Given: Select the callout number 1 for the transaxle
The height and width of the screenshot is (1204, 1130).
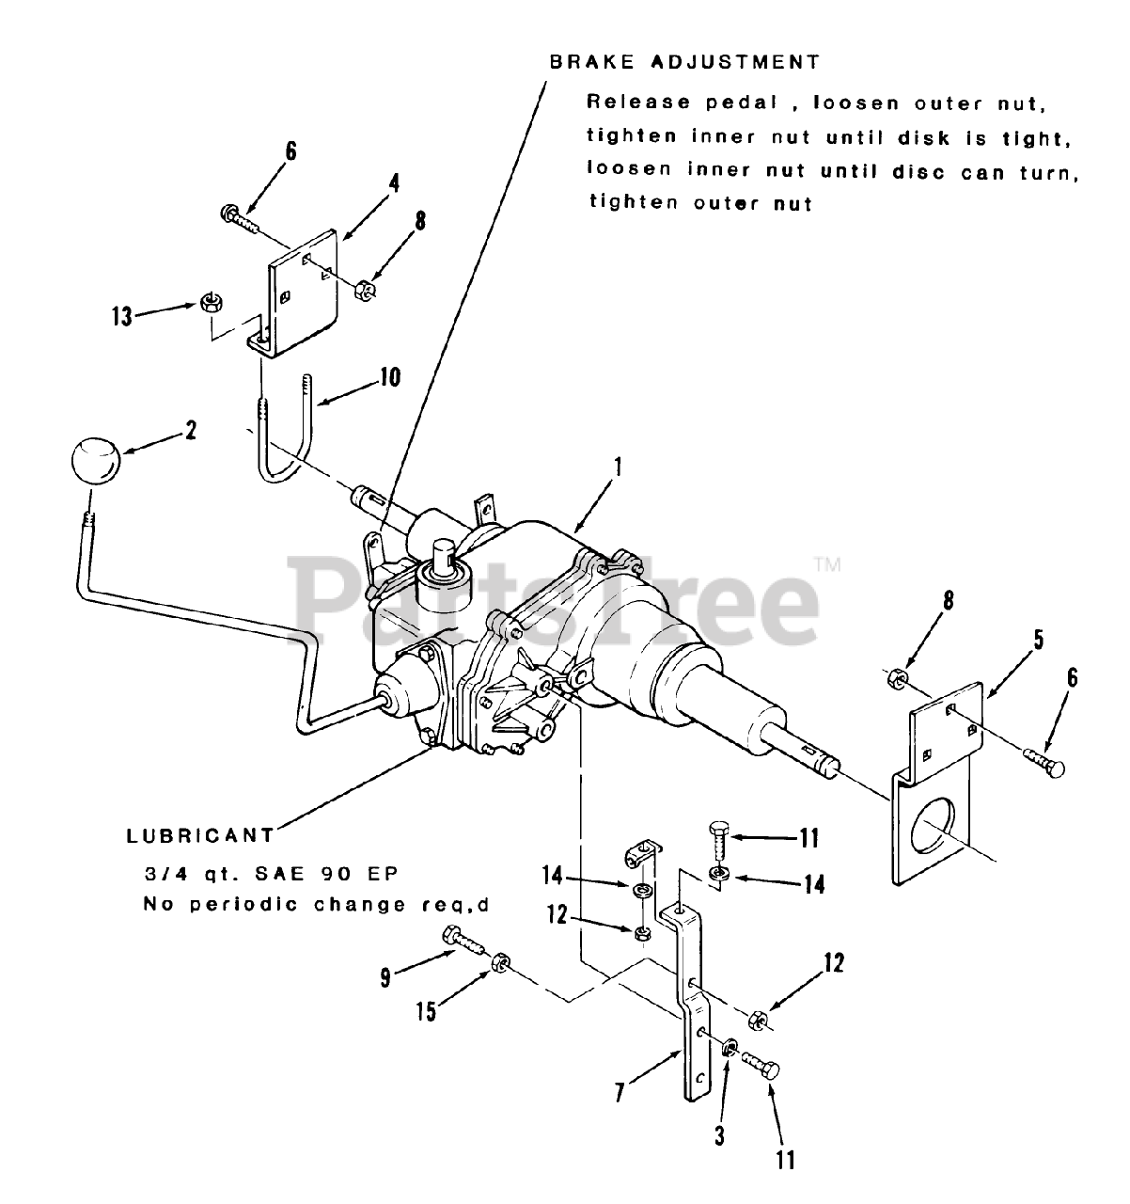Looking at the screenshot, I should (x=618, y=466).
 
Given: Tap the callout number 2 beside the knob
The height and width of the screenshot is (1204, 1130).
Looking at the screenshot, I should (x=191, y=431).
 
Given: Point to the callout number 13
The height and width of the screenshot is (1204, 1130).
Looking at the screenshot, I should (x=122, y=316).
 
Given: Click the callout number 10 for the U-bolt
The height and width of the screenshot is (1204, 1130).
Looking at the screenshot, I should (x=390, y=377).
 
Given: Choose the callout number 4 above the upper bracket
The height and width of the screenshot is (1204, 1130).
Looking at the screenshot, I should (x=395, y=182).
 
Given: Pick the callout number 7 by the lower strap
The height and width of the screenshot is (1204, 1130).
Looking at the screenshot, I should (x=620, y=1092).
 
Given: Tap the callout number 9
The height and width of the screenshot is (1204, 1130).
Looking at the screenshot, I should (x=385, y=977).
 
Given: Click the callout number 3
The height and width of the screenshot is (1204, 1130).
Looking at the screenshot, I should (x=719, y=1135).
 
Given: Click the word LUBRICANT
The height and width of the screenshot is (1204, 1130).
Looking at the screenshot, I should (x=200, y=834).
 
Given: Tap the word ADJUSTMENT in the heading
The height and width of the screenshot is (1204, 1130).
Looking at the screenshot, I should (x=736, y=62).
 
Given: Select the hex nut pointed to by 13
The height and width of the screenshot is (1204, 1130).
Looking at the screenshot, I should (x=212, y=302).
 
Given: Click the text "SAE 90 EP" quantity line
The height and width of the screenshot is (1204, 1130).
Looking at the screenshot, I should (x=271, y=873).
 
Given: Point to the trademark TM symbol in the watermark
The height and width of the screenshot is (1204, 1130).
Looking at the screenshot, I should (x=827, y=565).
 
